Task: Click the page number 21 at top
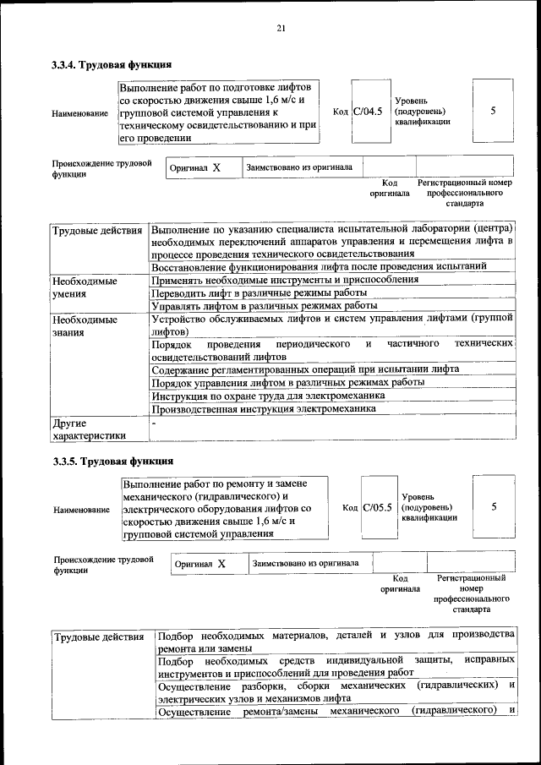(x=281, y=29)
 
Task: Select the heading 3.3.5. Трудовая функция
(x=112, y=462)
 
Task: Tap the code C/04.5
(x=368, y=111)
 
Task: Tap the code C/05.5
(x=377, y=507)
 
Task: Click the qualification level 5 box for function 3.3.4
(x=493, y=111)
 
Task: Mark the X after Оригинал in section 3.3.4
(x=216, y=167)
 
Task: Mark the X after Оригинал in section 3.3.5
(x=221, y=563)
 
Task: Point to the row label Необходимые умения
(x=85, y=287)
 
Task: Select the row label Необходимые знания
(x=85, y=327)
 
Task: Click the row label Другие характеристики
(x=88, y=429)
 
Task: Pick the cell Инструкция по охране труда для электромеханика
(x=269, y=396)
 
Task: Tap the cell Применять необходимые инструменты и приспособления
(x=284, y=279)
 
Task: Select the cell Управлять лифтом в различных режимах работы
(x=264, y=306)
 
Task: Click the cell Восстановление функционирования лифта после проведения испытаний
(x=319, y=266)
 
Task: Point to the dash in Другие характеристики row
(x=154, y=421)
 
